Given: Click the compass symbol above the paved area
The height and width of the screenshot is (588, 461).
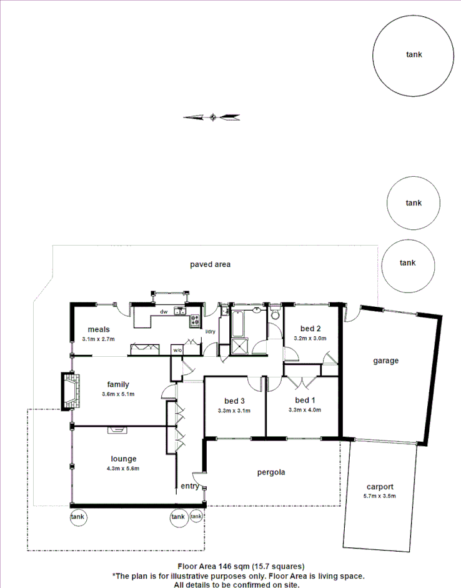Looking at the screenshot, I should pyautogui.click(x=213, y=116).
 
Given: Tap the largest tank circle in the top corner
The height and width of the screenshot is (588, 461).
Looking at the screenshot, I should pyautogui.click(x=413, y=56).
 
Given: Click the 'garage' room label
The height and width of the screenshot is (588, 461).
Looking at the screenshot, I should pyautogui.click(x=385, y=361).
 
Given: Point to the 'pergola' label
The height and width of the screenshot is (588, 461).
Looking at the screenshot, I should pyautogui.click(x=271, y=472).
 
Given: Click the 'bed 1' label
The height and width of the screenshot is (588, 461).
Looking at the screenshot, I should pyautogui.click(x=306, y=400).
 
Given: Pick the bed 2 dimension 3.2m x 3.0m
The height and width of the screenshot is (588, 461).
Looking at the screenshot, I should pyautogui.click(x=310, y=338).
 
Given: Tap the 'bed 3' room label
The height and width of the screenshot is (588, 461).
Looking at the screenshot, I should pyautogui.click(x=234, y=401).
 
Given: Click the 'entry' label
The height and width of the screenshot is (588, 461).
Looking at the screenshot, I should pyautogui.click(x=189, y=486).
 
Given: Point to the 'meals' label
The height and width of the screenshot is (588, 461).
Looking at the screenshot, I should pyautogui.click(x=99, y=329).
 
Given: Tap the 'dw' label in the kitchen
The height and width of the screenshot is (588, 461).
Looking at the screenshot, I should pyautogui.click(x=164, y=311).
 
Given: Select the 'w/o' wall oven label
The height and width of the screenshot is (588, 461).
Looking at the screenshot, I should pyautogui.click(x=177, y=351).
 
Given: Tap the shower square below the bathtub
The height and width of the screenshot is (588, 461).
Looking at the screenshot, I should pyautogui.click(x=240, y=347).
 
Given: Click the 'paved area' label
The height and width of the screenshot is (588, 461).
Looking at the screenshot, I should pyautogui.click(x=210, y=264).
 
